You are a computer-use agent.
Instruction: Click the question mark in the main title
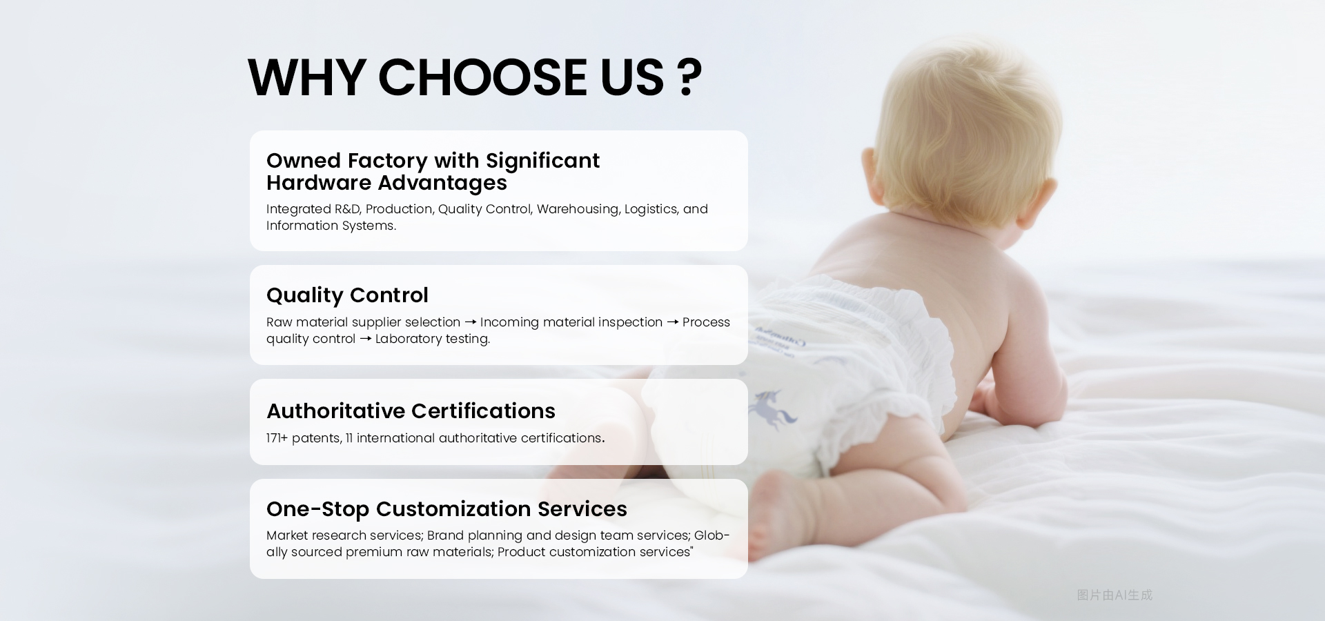pos(689,77)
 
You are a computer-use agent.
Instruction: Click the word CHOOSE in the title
pos(482,77)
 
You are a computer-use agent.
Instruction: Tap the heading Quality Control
pos(347,295)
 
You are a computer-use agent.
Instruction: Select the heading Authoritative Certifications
pos(411,411)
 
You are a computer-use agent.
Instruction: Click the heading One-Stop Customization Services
pos(446,509)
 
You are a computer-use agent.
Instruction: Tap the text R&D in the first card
pos(347,209)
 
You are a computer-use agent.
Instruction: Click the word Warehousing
pos(577,209)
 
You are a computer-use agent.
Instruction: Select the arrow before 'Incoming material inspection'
pos(470,322)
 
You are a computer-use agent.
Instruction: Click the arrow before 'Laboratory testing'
pos(365,339)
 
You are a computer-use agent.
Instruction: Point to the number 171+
pos(277,438)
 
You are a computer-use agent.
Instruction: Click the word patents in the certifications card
pos(316,438)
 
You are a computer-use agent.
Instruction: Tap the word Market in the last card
pos(286,535)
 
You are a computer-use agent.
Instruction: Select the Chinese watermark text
pos(1114,595)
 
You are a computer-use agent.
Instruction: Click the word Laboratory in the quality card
pos(408,339)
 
